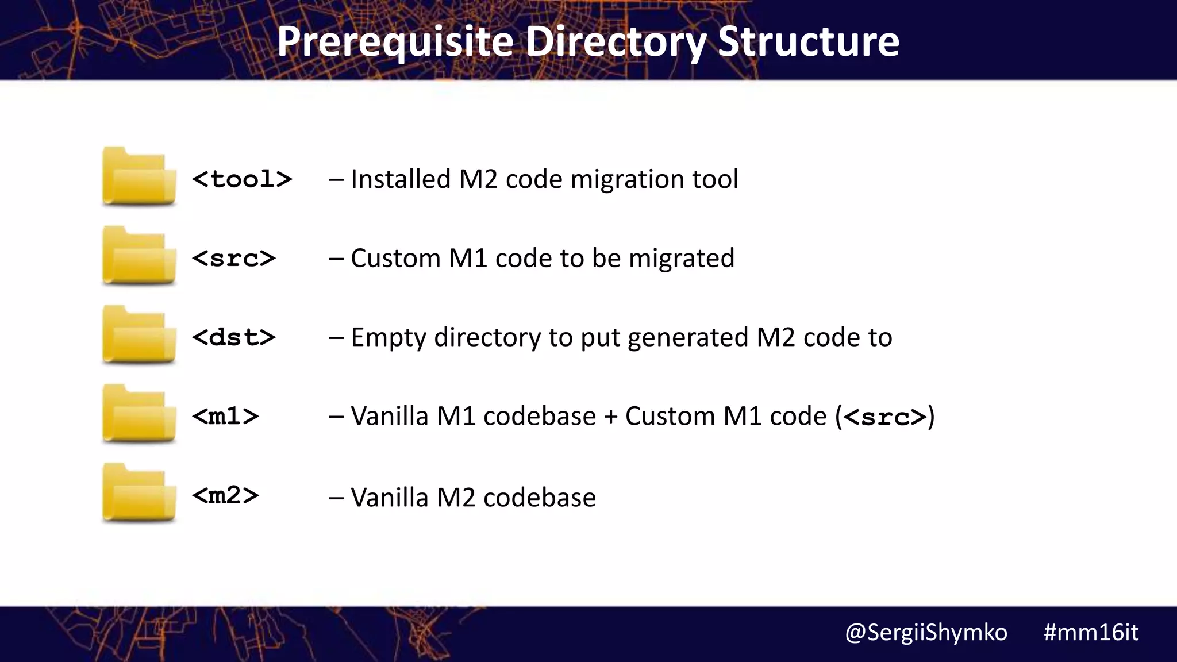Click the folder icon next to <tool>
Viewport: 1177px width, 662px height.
tap(139, 176)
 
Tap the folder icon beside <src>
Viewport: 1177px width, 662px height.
tap(139, 256)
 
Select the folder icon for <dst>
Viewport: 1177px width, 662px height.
tap(139, 335)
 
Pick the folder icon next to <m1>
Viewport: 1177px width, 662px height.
tap(139, 414)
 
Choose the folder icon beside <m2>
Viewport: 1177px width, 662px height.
tap(139, 493)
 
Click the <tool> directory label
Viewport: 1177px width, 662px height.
tap(242, 179)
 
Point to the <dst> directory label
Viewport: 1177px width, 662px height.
tap(234, 337)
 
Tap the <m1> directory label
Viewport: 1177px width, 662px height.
tap(225, 416)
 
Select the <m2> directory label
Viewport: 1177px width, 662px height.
tap(225, 495)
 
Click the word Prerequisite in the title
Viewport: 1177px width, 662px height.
tap(395, 42)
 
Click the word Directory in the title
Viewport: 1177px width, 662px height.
tap(616, 42)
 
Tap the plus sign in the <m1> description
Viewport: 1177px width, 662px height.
tap(610, 416)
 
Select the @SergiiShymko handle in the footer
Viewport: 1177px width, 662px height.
tap(926, 633)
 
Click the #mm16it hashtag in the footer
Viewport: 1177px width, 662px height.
tap(1090, 633)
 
